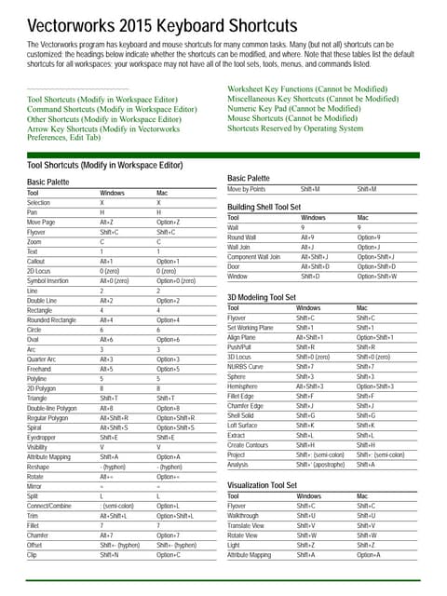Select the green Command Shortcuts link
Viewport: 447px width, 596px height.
tap(112, 109)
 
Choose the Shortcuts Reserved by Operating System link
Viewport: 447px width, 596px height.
tap(295, 129)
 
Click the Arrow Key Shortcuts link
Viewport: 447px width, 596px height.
tap(103, 129)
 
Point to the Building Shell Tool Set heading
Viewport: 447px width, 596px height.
tap(264, 207)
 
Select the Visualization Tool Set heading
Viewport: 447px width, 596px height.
tap(264, 485)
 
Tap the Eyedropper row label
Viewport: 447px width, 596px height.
tap(43, 437)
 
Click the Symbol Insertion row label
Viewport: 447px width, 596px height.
tap(47, 280)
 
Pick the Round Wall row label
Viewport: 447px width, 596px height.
tap(242, 237)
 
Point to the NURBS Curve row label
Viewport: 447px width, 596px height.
tap(245, 366)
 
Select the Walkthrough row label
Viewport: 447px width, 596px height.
tap(243, 515)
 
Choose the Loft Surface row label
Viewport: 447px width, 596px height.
tap(244, 425)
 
